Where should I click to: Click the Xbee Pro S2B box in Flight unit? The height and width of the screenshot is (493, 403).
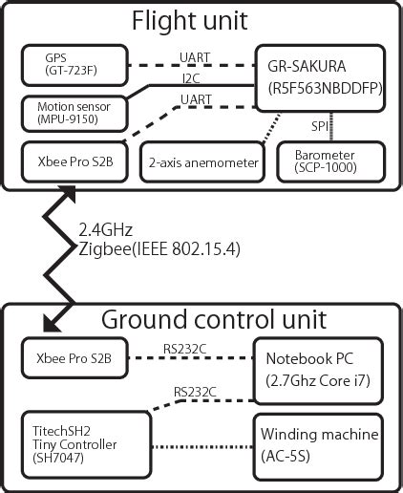(72, 162)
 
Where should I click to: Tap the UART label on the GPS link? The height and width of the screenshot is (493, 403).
(196, 58)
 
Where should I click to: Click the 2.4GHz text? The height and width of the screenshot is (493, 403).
(106, 229)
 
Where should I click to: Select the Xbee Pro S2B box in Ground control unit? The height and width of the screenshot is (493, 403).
(72, 359)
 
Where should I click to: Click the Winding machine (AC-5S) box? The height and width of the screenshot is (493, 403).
(317, 444)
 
